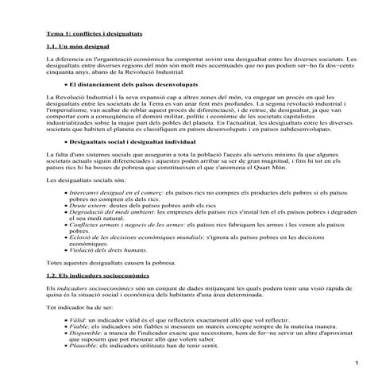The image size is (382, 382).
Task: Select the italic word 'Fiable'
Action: point(79,325)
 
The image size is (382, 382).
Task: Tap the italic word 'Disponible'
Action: point(85,332)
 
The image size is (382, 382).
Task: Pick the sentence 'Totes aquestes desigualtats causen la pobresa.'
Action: point(108,261)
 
